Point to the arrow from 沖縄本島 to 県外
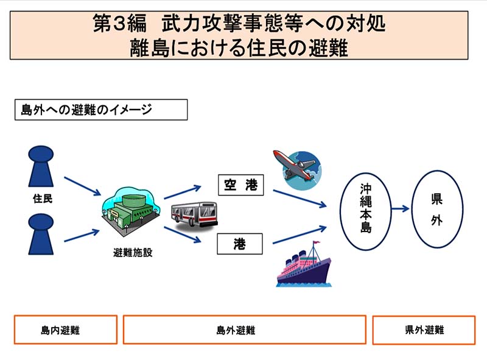[400, 209]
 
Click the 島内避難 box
[65, 330]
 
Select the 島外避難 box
[244, 330]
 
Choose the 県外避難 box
[424, 330]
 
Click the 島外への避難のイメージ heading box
[100, 110]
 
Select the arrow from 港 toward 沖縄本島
[299, 235]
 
